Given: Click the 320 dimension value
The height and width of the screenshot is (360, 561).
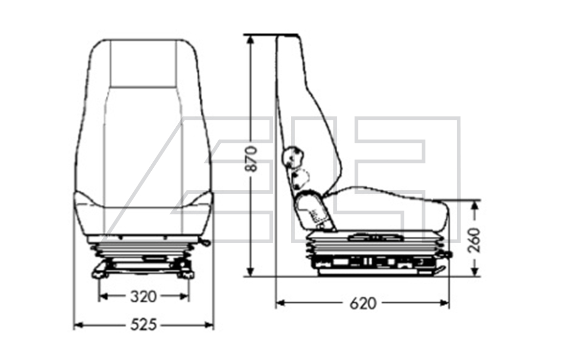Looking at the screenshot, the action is tap(143, 296).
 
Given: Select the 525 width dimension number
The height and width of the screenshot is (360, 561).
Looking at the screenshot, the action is tap(143, 325).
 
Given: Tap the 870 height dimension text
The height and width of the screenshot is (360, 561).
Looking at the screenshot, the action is tap(252, 158).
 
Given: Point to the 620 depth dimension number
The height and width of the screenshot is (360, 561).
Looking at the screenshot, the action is tap(363, 304).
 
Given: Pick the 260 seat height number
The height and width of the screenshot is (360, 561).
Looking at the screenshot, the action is tap(474, 240).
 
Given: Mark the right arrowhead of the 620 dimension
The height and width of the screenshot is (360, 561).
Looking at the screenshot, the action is tap(444, 304).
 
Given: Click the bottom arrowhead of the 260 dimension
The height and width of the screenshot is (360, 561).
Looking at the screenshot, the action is tap(475, 271).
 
